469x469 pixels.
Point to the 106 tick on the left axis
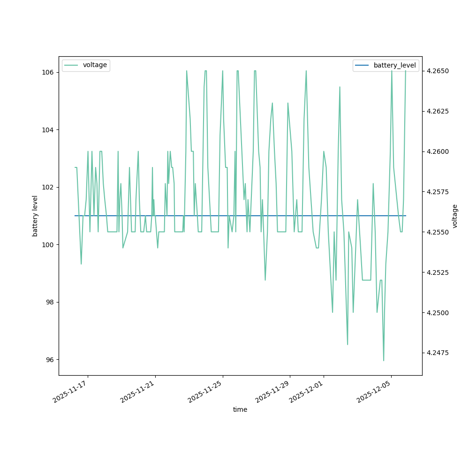[49, 73]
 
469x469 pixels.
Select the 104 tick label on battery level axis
[49, 130]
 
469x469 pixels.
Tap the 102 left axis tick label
[49, 187]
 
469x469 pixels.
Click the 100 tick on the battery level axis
[49, 245]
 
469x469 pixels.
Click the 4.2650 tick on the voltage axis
[437, 71]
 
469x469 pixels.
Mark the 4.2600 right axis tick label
[437, 152]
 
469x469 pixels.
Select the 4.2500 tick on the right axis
[437, 313]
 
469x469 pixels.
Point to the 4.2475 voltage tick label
[437, 353]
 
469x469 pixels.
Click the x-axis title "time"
[240, 409]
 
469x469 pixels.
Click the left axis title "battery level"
[35, 216]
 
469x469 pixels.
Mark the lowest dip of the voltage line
[384, 361]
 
